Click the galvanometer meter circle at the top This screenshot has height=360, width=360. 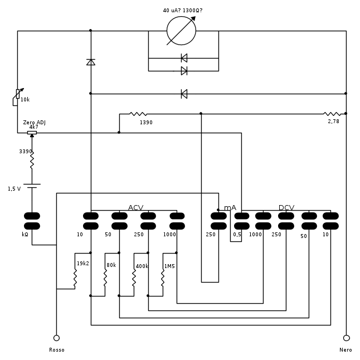[182, 31]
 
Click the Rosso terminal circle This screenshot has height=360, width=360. [56, 338]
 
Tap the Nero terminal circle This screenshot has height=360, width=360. [346, 338]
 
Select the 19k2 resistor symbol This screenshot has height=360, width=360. [75, 274]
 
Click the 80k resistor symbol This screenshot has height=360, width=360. [105, 277]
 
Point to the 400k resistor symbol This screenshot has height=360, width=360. [134, 277]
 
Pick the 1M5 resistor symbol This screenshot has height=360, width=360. [163, 277]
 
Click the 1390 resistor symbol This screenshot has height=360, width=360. [138, 114]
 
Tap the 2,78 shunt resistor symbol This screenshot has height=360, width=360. [332, 114]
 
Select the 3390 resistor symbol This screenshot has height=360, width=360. [32, 161]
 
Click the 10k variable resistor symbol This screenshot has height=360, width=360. [18, 97]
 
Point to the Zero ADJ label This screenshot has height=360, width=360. [33, 122]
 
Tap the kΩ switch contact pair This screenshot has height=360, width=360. [32, 221]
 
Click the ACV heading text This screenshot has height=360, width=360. [135, 208]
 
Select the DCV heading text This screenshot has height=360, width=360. [286, 208]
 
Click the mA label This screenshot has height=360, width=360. [230, 208]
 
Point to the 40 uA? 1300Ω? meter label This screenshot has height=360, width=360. [183, 11]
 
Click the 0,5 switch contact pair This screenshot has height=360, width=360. [241, 221]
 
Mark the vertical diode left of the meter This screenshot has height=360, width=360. [91, 62]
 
